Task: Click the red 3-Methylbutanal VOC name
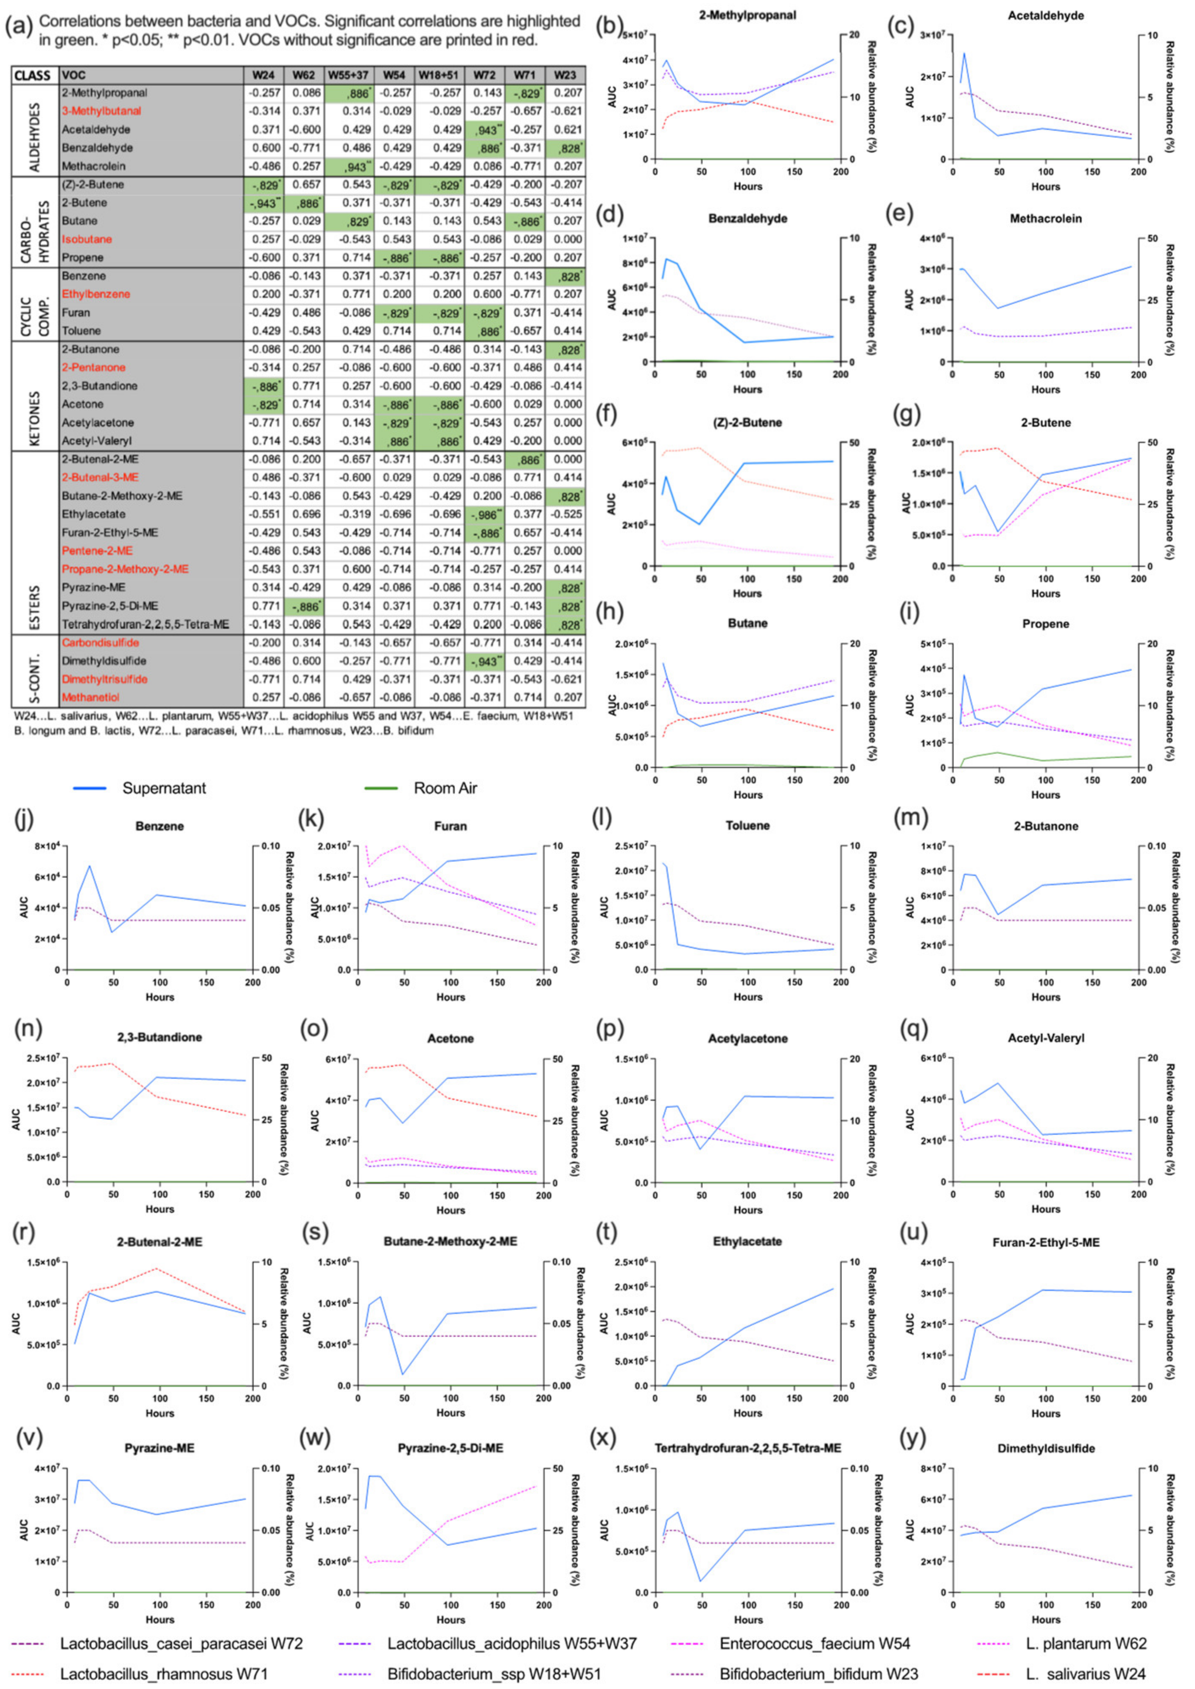(x=101, y=111)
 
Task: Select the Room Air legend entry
(x=445, y=788)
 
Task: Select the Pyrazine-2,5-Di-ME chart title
(x=451, y=1448)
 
